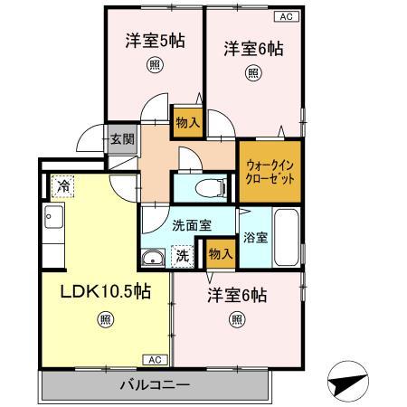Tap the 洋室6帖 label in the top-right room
click(253, 49)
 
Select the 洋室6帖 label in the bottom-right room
click(236, 295)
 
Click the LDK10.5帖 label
click(106, 293)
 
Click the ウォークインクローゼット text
click(269, 172)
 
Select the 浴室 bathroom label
click(255, 238)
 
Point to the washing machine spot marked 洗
click(183, 256)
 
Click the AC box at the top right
click(286, 15)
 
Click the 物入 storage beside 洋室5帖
click(187, 123)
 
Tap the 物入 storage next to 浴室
click(220, 254)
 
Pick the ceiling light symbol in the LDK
click(107, 318)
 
